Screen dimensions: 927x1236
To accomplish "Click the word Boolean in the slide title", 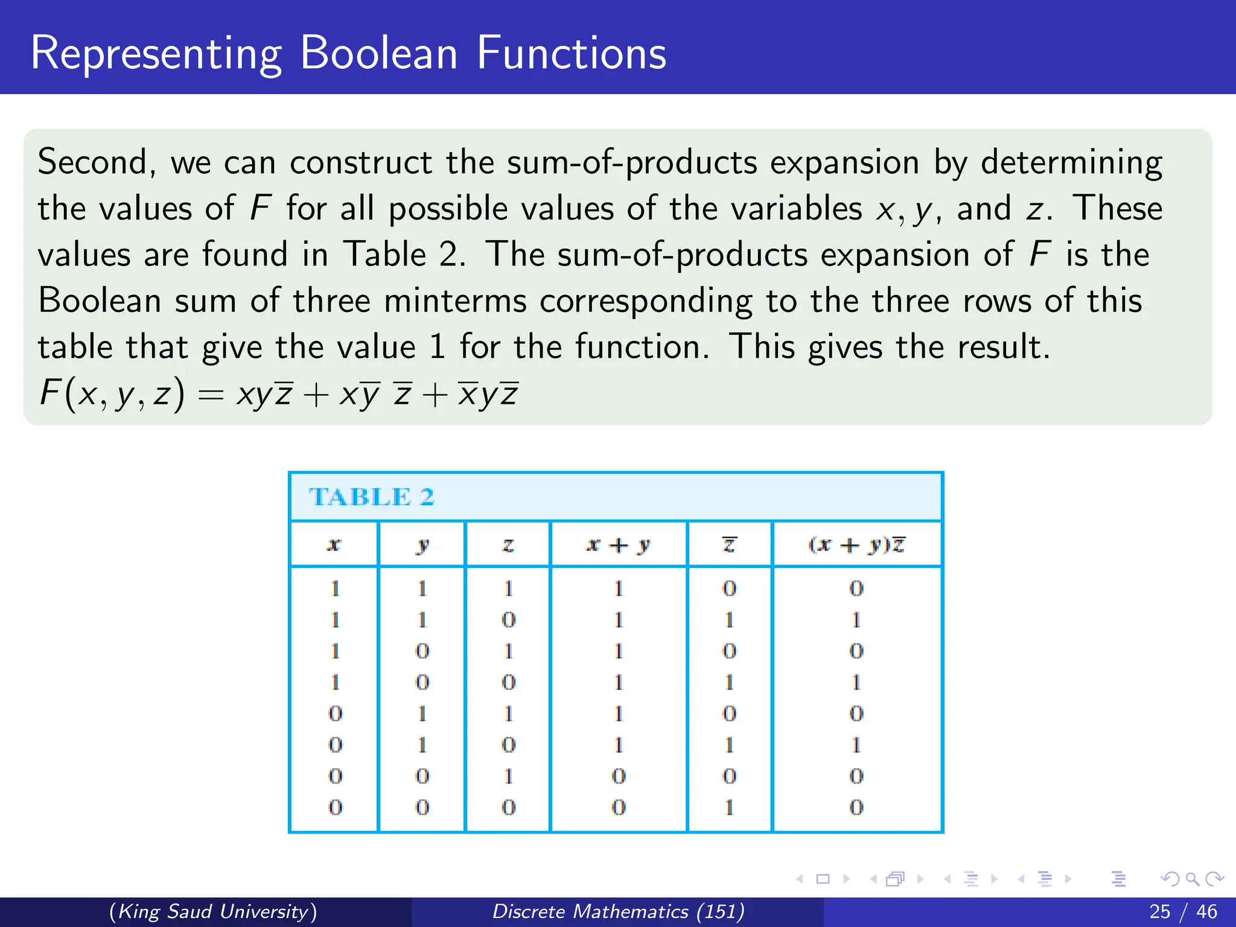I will pos(378,53).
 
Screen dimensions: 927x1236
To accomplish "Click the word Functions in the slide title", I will pos(571,53).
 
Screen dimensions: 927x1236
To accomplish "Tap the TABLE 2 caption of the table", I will pos(371,497).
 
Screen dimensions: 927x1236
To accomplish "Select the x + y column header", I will pos(618,545).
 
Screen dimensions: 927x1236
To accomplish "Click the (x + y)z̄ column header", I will pos(856,545).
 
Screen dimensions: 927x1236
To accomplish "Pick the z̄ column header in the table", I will pos(729,545).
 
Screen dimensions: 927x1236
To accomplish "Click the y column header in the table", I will pos(422,545).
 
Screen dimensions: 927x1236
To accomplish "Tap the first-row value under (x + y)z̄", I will pos(856,588).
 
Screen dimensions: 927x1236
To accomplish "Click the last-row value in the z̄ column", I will pos(729,807).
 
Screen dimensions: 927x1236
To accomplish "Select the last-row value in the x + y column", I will pos(619,807).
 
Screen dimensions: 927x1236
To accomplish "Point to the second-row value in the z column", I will pos(508,620).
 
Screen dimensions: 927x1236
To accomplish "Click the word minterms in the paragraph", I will pos(454,301).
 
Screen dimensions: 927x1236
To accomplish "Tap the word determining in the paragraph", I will pos(1071,162).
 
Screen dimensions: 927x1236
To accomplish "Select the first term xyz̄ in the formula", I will pos(264,394).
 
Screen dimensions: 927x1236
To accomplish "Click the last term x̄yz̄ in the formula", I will pos(488,394).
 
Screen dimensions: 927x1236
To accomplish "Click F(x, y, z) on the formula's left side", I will pos(112,394).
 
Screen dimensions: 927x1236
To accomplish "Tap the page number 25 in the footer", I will pos(1159,911).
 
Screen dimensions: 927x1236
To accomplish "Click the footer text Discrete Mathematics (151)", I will pos(618,911).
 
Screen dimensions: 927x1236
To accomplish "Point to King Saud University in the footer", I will pos(213,911).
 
